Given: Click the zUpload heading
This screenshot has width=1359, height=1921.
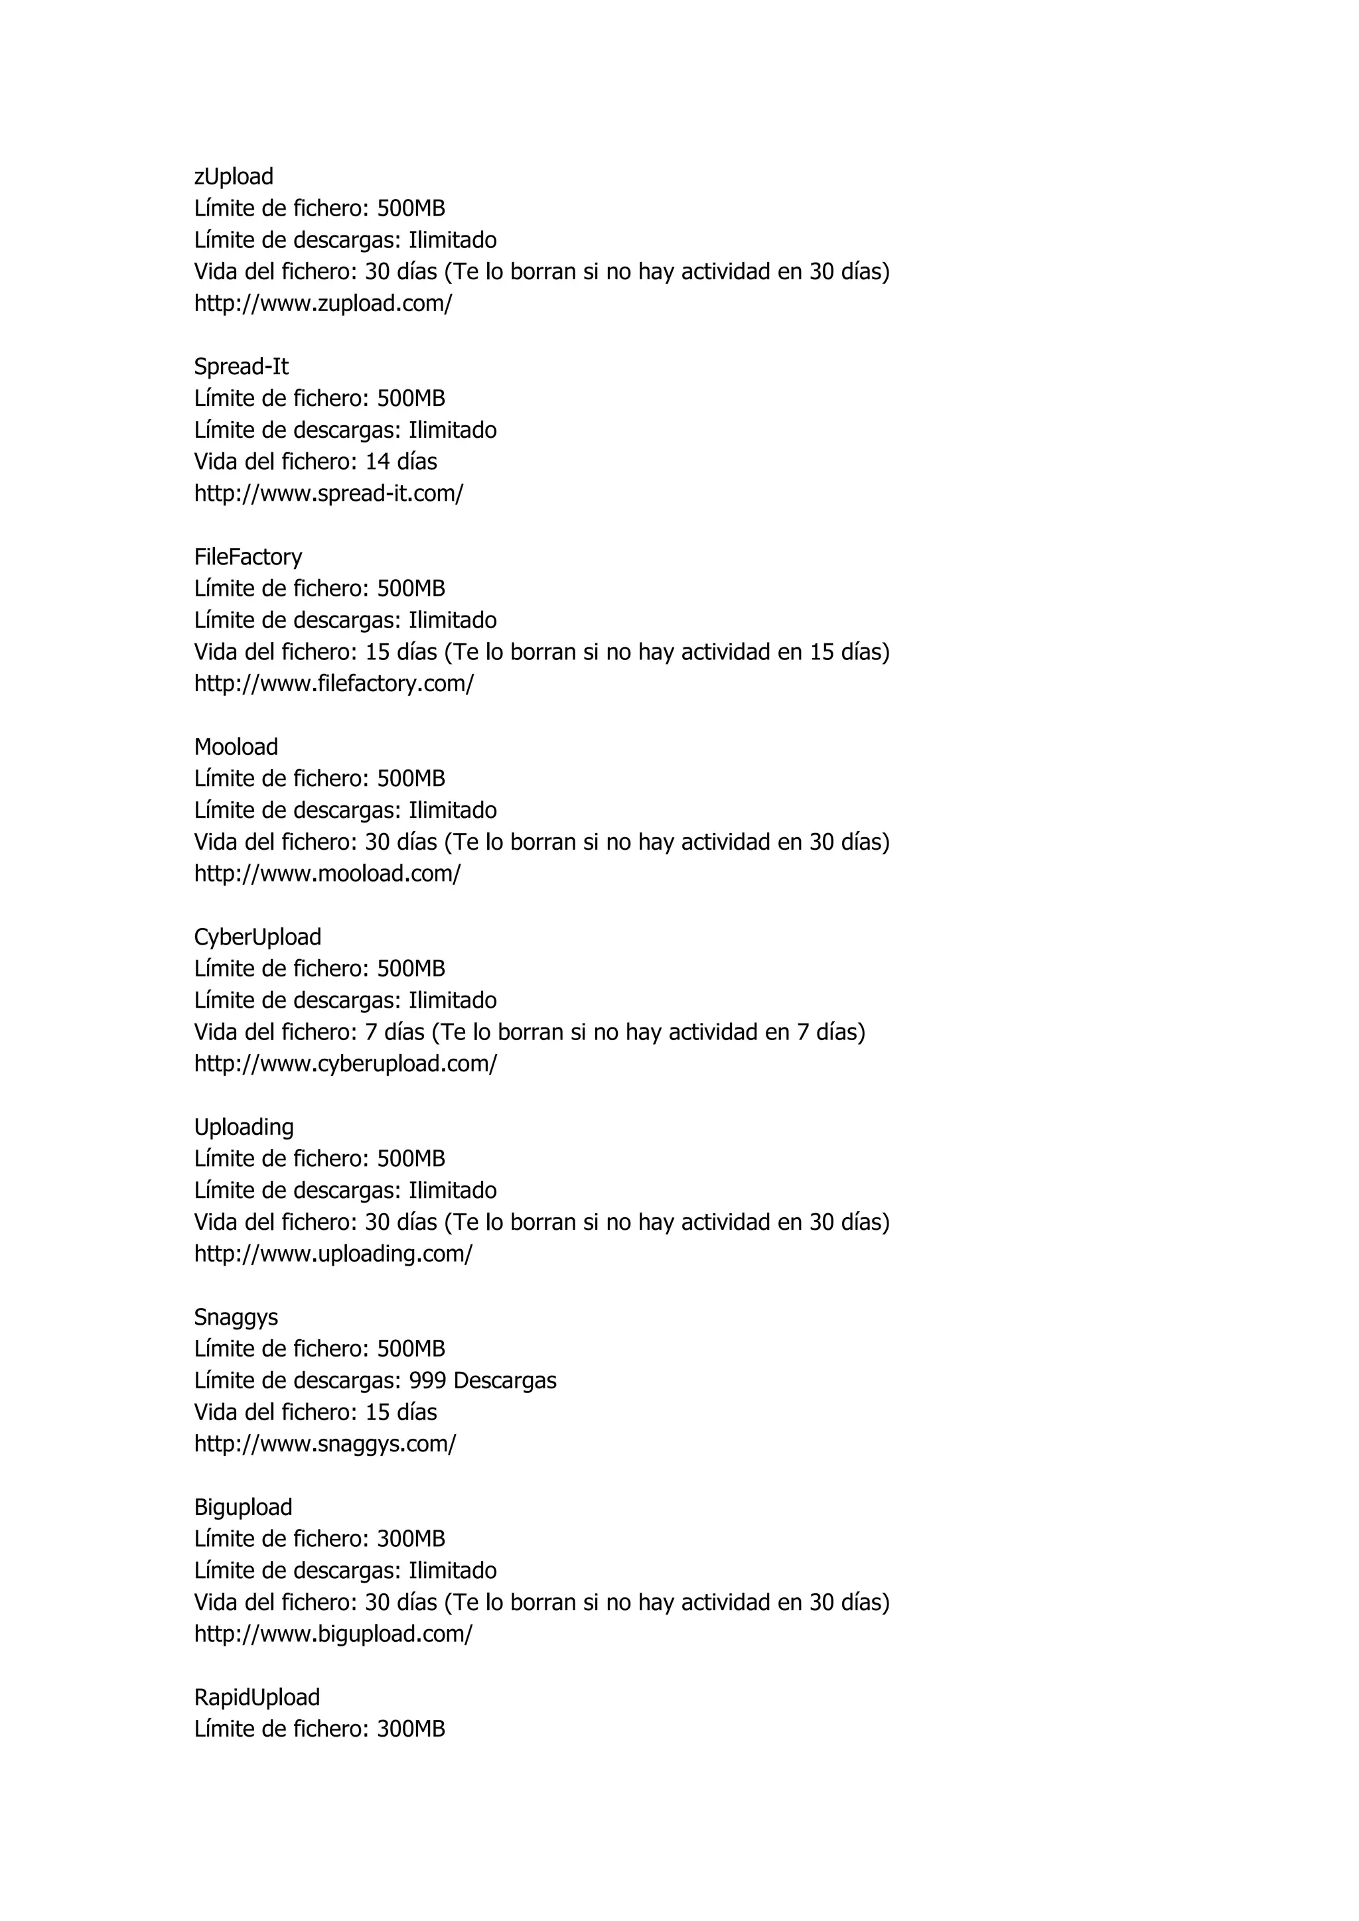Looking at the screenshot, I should (x=234, y=176).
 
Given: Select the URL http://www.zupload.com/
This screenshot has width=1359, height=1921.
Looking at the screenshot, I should (x=323, y=304).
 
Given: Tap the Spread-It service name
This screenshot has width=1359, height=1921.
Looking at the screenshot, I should (x=241, y=366).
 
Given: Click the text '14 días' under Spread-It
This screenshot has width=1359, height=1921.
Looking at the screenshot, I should (x=401, y=462).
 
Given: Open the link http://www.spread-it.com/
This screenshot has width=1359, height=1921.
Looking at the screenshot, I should (x=328, y=494).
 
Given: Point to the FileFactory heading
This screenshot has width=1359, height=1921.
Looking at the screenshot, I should (x=248, y=557).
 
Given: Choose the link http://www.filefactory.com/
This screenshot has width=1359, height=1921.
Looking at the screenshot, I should (x=334, y=684).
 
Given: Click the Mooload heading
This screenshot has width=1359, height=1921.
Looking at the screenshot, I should (x=236, y=747).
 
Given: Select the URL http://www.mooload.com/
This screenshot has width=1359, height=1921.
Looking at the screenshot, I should (x=327, y=874).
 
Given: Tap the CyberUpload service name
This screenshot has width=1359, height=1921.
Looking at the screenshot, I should (x=257, y=937).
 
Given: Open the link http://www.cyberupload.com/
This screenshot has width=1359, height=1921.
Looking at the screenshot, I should (x=346, y=1063).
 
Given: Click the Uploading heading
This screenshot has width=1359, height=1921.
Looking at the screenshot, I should (x=244, y=1127).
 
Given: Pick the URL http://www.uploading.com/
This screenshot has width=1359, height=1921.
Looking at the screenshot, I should (x=333, y=1253).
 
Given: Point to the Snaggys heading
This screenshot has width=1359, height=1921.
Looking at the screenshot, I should (x=236, y=1317).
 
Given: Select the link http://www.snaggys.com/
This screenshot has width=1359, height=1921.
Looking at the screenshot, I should (x=324, y=1443).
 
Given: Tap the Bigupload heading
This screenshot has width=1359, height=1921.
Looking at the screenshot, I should (x=243, y=1507).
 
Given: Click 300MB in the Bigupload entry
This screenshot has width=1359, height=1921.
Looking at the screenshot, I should (x=411, y=1539).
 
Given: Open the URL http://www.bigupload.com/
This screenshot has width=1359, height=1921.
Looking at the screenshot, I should (x=333, y=1633).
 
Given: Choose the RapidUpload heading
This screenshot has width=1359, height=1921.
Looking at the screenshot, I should (x=257, y=1697).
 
